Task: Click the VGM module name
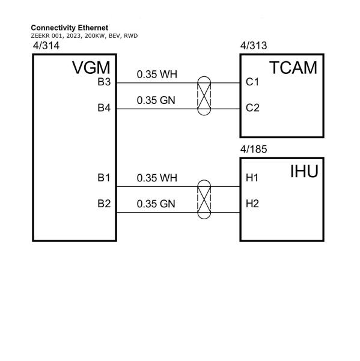[x=91, y=68]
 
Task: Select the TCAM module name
[x=293, y=68]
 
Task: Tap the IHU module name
[x=304, y=171]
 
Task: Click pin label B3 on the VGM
[x=104, y=82]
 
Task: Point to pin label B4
[x=104, y=108]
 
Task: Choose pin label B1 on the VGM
[x=104, y=178]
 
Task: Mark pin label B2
[x=104, y=204]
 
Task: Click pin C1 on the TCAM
[x=252, y=82]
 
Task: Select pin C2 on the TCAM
[x=252, y=108]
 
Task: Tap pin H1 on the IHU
[x=252, y=178]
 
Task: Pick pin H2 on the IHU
[x=252, y=204]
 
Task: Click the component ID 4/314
[x=46, y=46]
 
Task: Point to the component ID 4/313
[x=254, y=46]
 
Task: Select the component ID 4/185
[x=254, y=149]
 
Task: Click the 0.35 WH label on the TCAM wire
[x=157, y=74]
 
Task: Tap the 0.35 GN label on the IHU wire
[x=156, y=204]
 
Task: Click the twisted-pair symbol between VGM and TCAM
[x=204, y=96]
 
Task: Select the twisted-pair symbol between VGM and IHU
[x=204, y=199]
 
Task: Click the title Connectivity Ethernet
[x=70, y=28]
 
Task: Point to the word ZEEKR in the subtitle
[x=38, y=36]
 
